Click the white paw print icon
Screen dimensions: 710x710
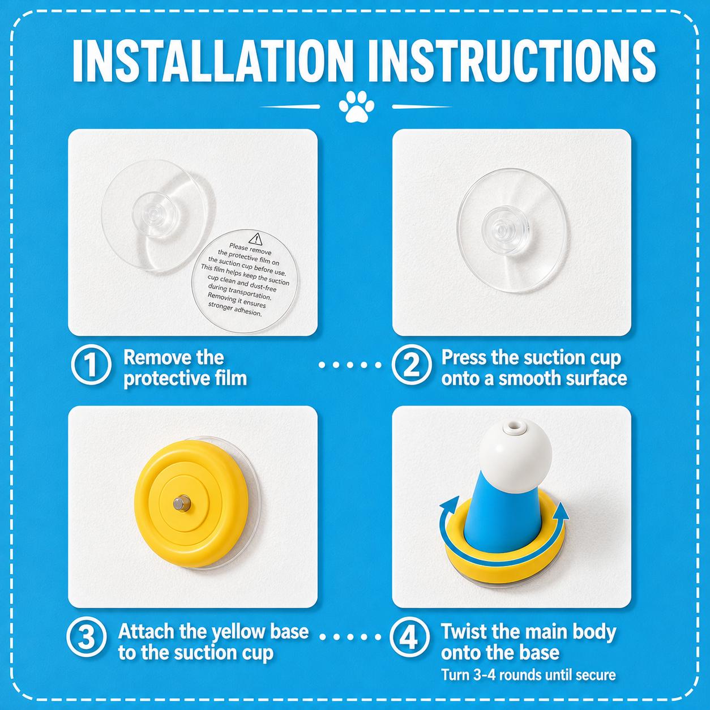356,106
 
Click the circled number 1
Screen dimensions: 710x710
91,365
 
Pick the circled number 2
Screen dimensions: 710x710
411,365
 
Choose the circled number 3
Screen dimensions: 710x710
87,638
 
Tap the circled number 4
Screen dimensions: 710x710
409,638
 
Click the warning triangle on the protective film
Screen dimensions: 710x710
255,239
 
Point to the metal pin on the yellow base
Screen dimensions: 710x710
182,503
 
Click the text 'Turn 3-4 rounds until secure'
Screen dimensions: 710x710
528,675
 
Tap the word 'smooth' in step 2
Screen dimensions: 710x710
527,378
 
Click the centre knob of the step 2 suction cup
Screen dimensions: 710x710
502,230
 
